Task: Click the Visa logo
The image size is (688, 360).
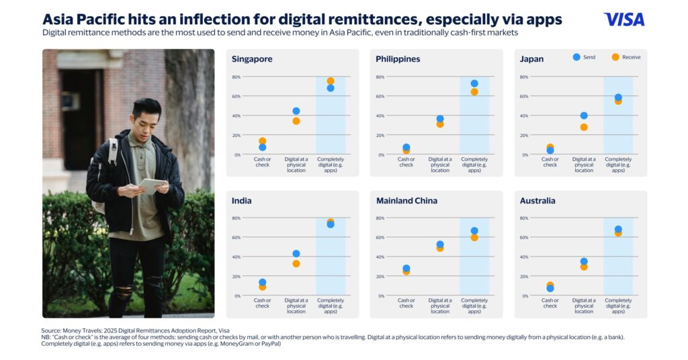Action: (x=623, y=19)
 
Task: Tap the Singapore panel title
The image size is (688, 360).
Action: (x=252, y=59)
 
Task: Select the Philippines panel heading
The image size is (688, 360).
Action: (x=398, y=59)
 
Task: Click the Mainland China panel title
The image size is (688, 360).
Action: (x=406, y=201)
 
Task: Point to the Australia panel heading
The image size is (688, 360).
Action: (x=537, y=201)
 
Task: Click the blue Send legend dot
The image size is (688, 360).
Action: (x=576, y=57)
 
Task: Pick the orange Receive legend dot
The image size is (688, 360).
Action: (x=615, y=57)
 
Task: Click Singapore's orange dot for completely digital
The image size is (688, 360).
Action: (x=331, y=81)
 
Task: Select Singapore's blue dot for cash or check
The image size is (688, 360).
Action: (x=262, y=147)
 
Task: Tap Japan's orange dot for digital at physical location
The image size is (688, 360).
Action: (x=584, y=127)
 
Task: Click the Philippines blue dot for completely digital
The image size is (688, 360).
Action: (x=474, y=84)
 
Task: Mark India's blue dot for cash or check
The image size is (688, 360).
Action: (x=262, y=283)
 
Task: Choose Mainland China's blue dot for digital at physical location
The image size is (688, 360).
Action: (x=440, y=244)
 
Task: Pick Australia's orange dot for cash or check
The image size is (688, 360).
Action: (x=550, y=285)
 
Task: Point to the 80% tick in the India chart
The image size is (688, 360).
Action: (x=236, y=218)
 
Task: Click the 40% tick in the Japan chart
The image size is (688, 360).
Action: (x=524, y=116)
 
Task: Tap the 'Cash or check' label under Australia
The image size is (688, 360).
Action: (x=550, y=303)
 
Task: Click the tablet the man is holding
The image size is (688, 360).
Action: (x=150, y=183)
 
